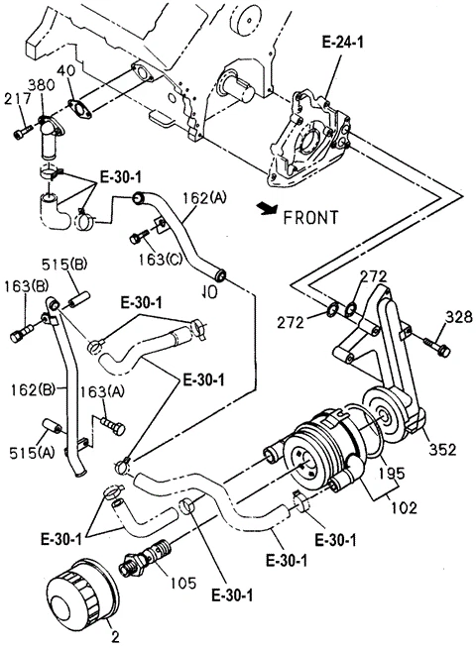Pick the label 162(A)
(x=203, y=198)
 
